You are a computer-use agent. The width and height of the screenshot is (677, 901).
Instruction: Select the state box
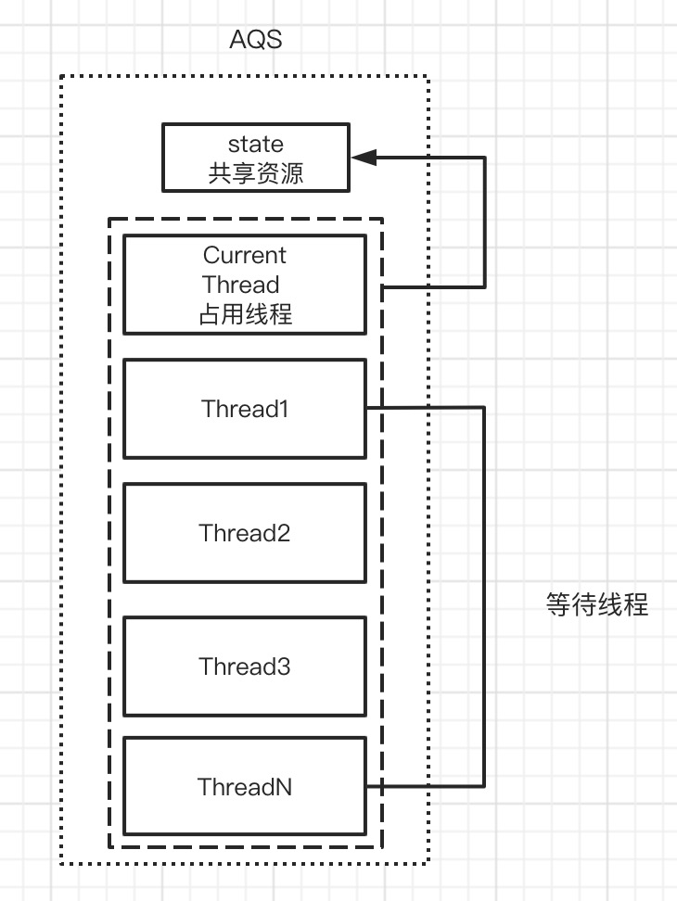256,158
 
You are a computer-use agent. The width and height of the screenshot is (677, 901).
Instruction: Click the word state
256,144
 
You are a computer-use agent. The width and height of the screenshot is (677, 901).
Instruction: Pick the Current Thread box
244,284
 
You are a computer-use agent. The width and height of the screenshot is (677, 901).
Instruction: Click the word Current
245,255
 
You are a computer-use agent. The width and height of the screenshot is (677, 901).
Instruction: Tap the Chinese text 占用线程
245,314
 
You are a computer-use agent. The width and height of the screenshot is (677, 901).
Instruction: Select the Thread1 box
244,408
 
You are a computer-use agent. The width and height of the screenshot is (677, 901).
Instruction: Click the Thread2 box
244,532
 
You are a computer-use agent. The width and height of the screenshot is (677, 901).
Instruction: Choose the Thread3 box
244,666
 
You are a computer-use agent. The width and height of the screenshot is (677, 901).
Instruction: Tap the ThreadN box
244,786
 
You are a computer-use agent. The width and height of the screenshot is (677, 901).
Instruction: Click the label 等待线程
596,606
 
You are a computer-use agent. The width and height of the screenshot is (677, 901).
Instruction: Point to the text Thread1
245,408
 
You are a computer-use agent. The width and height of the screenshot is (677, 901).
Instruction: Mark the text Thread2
245,533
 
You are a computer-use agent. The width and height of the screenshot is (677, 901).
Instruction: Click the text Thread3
245,666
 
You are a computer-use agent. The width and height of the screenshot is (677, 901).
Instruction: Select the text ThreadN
245,787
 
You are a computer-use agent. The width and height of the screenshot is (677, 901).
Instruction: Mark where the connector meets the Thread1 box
366,407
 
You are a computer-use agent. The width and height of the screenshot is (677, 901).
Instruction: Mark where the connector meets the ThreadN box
366,786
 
